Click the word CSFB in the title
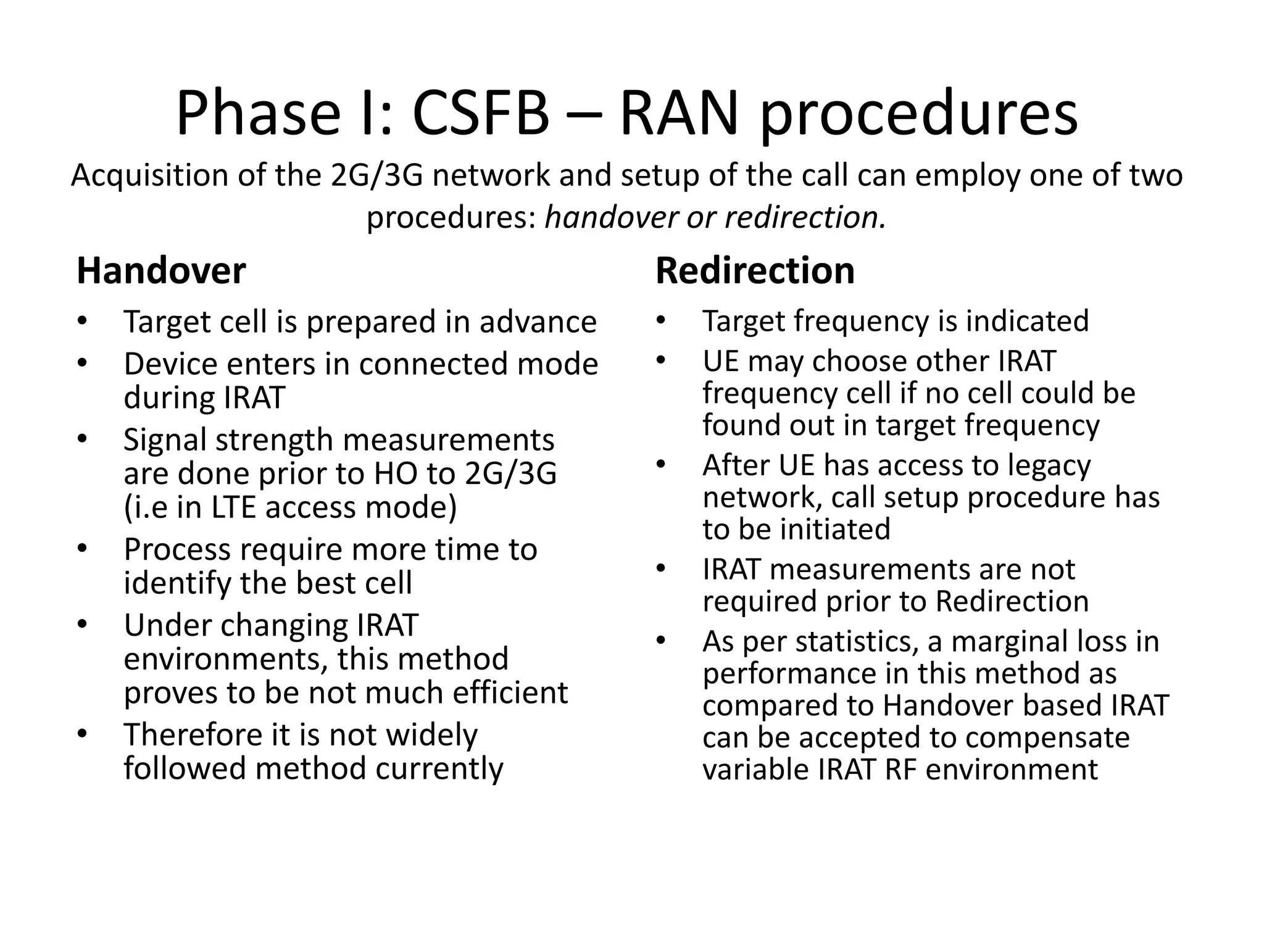coord(480,114)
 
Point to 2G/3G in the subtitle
coord(376,175)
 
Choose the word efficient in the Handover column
coord(510,692)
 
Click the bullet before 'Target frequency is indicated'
coord(661,320)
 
